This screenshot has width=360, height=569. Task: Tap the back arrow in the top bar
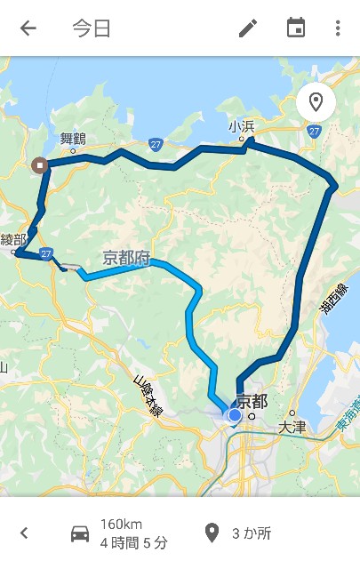[28, 28]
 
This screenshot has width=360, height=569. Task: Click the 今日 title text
[92, 28]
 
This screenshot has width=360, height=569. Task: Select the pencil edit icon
[248, 28]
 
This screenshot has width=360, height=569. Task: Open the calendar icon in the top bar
[295, 28]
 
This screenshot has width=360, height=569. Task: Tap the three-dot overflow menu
[338, 28]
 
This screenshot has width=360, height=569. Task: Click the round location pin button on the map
[316, 102]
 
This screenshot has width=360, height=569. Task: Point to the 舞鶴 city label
[73, 138]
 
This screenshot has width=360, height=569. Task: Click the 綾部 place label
[13, 239]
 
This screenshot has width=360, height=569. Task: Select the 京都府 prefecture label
[126, 259]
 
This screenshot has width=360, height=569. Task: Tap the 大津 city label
[292, 428]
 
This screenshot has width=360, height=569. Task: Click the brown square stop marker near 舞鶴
[39, 165]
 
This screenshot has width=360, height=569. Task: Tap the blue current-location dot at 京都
[235, 414]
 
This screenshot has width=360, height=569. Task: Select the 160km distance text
[121, 524]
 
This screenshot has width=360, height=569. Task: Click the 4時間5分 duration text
[133, 542]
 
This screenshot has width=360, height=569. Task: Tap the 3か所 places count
[251, 533]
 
